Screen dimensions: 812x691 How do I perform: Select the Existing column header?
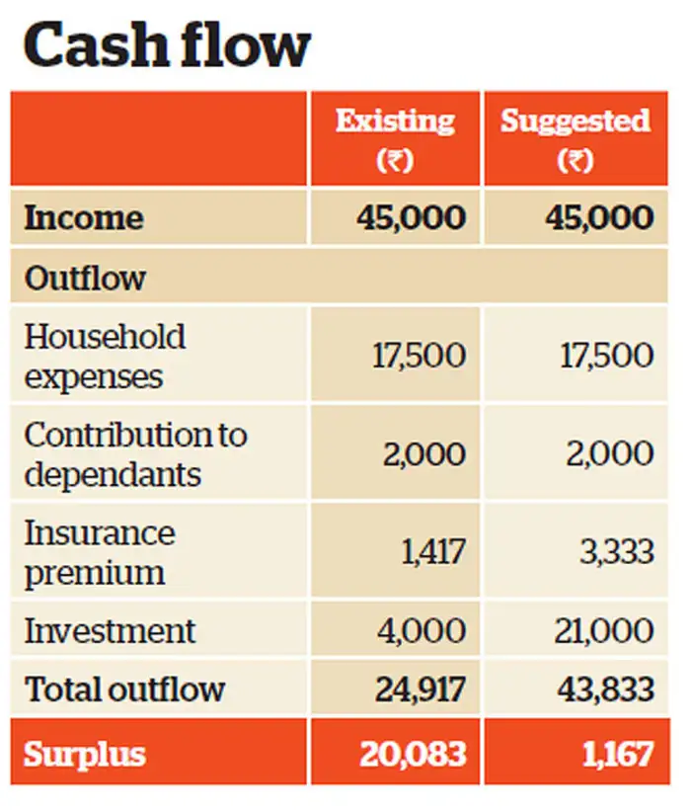click(395, 138)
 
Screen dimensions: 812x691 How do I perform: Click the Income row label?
click(84, 218)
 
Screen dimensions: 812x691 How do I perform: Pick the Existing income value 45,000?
click(411, 218)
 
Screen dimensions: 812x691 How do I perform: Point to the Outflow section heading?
click(85, 278)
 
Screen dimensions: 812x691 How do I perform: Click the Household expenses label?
click(105, 357)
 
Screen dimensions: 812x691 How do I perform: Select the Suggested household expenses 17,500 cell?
click(606, 357)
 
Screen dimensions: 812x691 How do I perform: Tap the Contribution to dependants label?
click(135, 454)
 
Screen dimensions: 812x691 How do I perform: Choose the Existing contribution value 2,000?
click(424, 454)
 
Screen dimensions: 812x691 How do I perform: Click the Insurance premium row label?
click(99, 552)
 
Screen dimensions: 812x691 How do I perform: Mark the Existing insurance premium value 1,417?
click(432, 552)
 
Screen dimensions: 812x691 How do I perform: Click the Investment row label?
click(110, 630)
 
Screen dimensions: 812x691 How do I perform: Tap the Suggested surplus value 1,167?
click(617, 756)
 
